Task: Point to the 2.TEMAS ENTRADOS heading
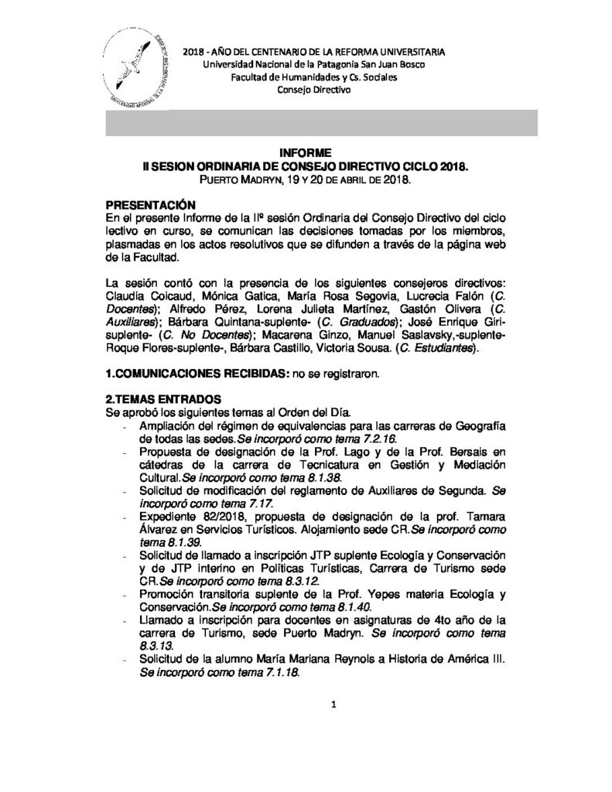[164, 398]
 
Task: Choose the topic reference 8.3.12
[304, 580]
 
